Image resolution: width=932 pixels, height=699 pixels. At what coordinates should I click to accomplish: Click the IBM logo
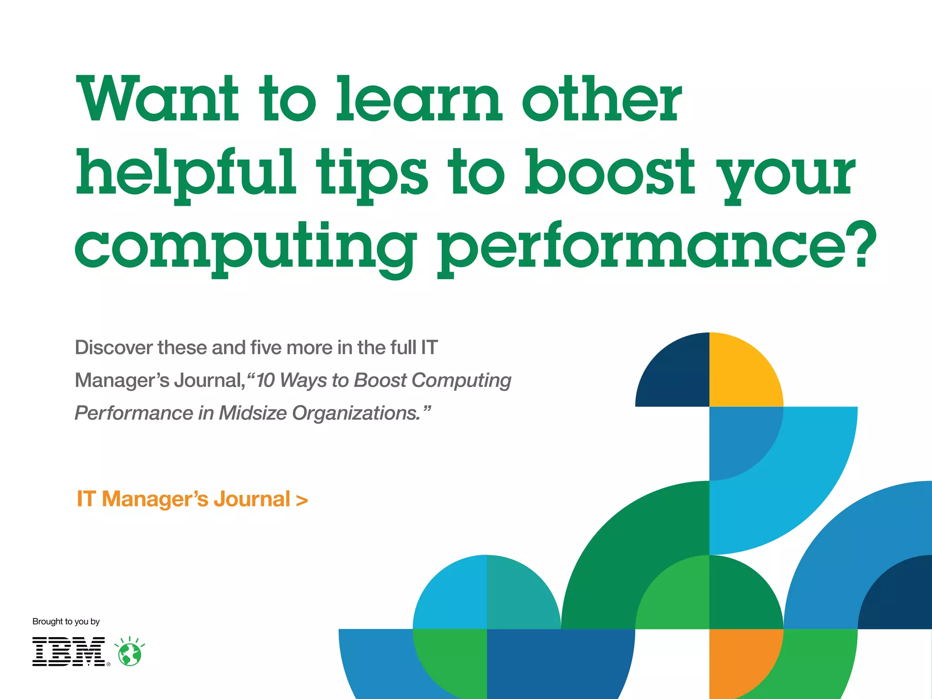(69, 652)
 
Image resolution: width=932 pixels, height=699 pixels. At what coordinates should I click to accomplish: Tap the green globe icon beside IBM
(130, 653)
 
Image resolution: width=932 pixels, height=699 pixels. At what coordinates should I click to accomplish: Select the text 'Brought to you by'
(66, 622)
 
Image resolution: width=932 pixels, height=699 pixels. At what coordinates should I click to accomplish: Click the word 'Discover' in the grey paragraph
(114, 348)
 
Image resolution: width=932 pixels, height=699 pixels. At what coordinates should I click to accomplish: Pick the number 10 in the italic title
(265, 380)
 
